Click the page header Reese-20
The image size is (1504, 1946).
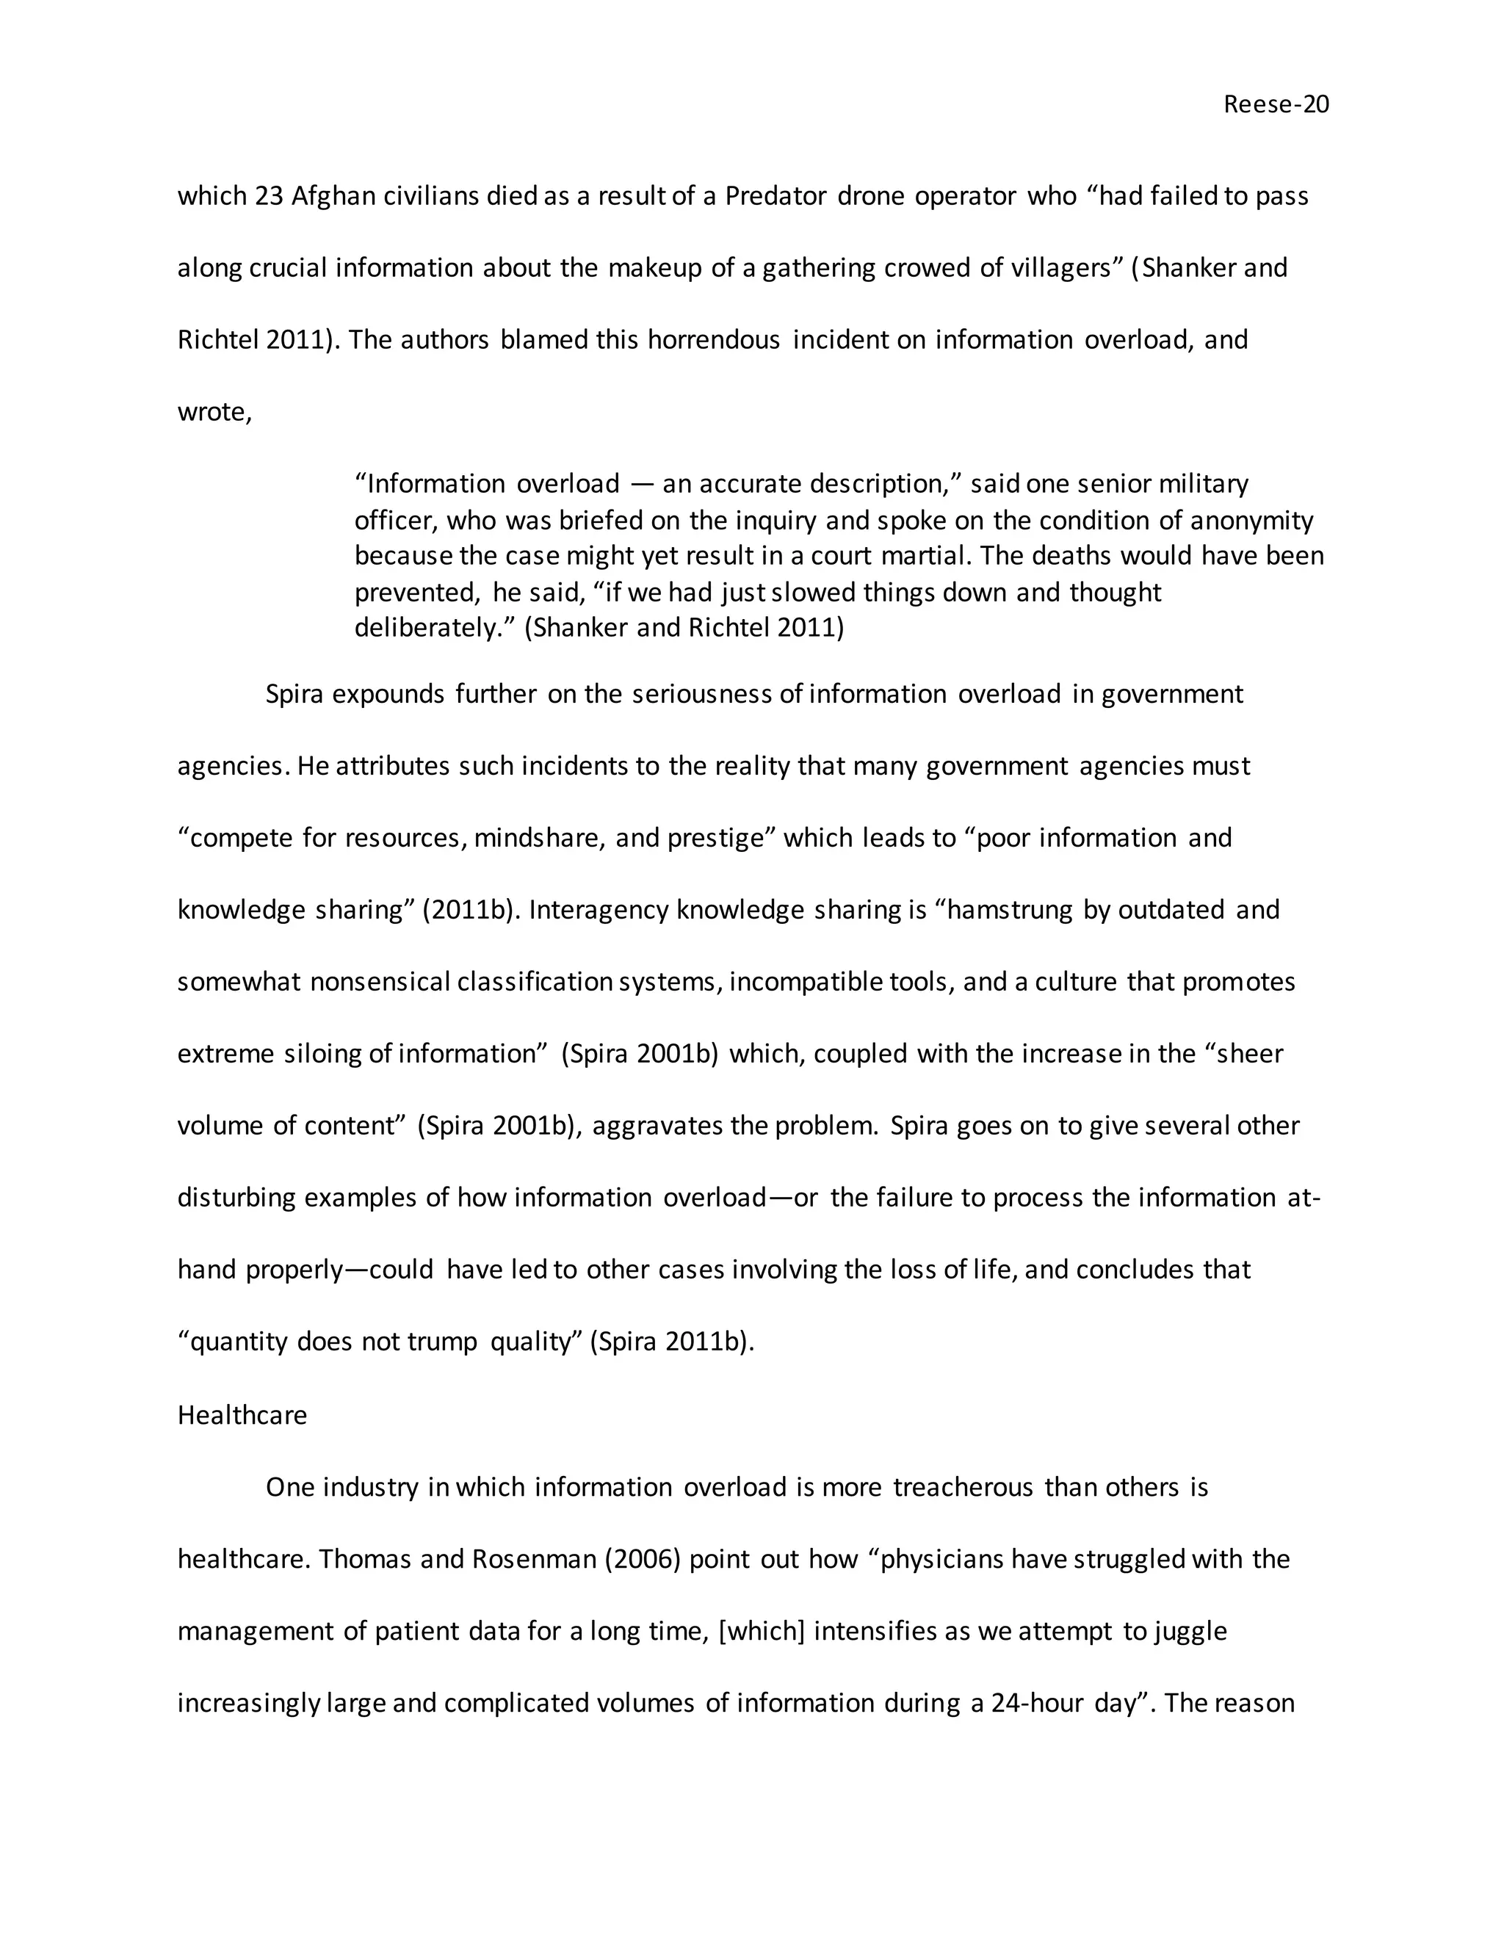click(x=1275, y=105)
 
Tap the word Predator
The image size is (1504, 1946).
click(x=775, y=196)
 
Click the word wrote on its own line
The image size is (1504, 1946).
click(x=214, y=413)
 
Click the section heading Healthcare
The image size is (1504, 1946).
click(x=242, y=1416)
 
